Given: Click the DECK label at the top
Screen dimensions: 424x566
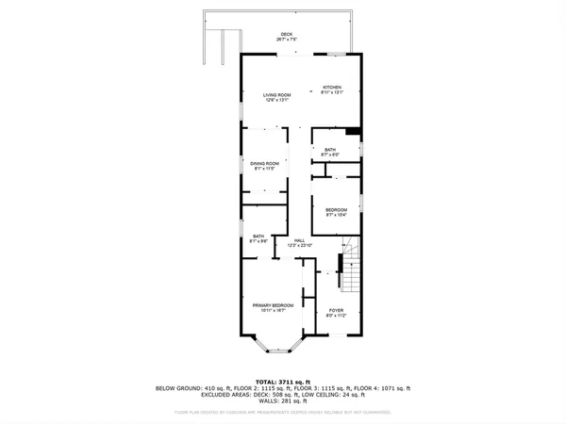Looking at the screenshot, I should (286, 37).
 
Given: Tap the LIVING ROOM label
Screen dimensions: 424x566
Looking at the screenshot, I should (276, 97).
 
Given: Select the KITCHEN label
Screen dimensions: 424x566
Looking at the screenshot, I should (332, 90).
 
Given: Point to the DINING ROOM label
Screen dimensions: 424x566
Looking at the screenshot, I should (263, 166).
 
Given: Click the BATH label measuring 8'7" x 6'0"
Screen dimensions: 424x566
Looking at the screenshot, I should (330, 153).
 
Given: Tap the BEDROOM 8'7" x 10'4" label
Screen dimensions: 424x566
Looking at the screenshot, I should (337, 212).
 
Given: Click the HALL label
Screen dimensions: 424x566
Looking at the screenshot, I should (299, 243).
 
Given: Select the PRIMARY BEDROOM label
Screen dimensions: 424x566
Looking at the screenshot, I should (273, 308).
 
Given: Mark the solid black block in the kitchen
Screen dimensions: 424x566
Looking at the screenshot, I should (353, 132).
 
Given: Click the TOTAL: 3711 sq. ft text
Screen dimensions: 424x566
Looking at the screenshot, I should (283, 382).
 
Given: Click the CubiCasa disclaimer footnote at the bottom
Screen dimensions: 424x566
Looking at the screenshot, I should (283, 412).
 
